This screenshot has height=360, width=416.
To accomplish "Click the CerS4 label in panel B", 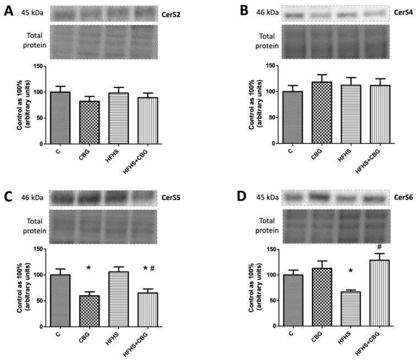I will click(399, 13).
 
